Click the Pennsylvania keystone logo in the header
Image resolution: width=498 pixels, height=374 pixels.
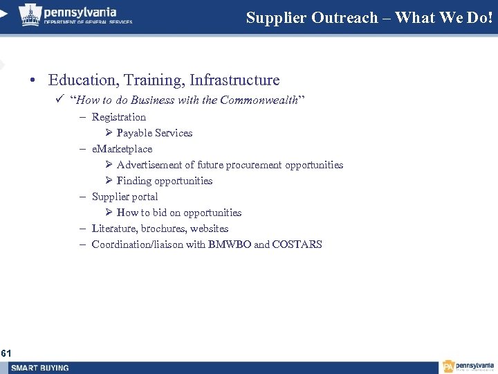30,14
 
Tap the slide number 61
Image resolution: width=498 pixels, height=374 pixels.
6,353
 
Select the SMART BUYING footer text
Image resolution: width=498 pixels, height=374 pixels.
40,368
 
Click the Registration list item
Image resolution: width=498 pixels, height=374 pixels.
118,117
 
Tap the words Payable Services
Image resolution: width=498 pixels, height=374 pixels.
154,133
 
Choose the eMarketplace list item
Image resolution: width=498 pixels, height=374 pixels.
122,149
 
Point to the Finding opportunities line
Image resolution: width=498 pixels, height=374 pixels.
164,181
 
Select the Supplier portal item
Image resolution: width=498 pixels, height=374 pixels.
124,197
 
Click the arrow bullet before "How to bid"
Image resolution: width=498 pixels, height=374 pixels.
109,213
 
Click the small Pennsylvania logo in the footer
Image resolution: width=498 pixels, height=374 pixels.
468,366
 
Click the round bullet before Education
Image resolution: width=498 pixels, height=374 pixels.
33,81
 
